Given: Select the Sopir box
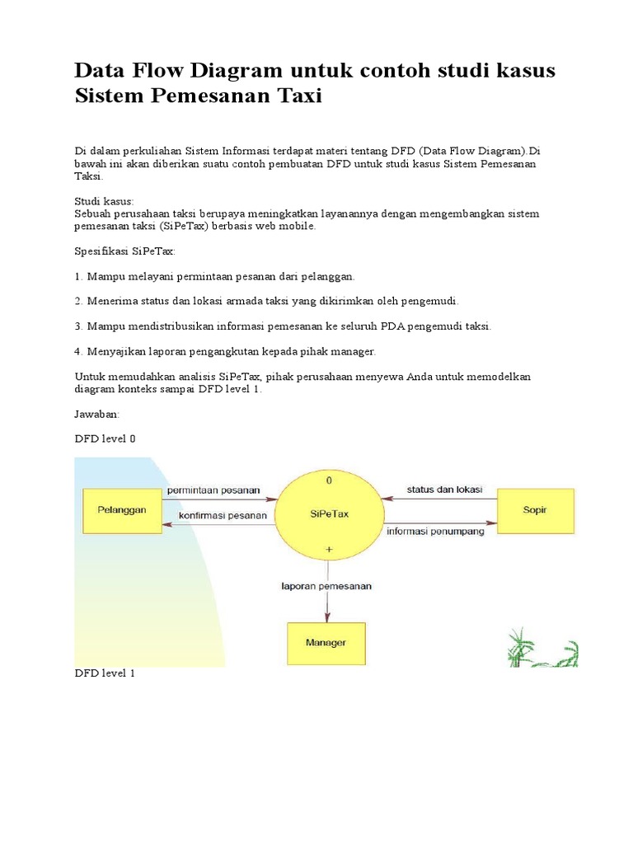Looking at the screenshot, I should (535, 510).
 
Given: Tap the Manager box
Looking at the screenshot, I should (326, 642).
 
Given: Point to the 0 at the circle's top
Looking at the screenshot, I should (329, 480).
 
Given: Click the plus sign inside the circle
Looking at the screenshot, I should (329, 548).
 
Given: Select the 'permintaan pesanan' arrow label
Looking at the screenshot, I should (213, 490).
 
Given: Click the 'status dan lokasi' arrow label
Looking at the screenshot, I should (445, 490).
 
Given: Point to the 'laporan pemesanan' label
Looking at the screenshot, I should (326, 586).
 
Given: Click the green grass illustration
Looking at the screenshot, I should (542, 648).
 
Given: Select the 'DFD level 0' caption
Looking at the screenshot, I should (105, 438).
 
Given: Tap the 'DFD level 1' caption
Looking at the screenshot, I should (105, 673).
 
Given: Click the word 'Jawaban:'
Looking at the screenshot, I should (97, 415).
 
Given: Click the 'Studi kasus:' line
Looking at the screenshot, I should (104, 201).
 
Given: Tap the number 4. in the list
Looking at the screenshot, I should (79, 351).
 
